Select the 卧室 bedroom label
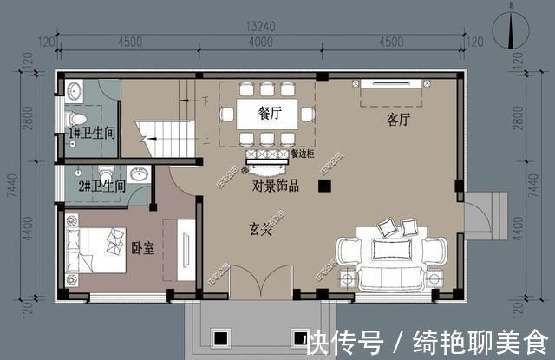coord(142,249)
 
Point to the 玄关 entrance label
coord(261,230)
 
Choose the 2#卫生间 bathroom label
coord(103,186)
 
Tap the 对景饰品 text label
coord(276,185)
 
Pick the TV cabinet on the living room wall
coord(393,84)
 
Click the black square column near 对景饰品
coord(323,186)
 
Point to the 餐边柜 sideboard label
coord(304,155)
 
